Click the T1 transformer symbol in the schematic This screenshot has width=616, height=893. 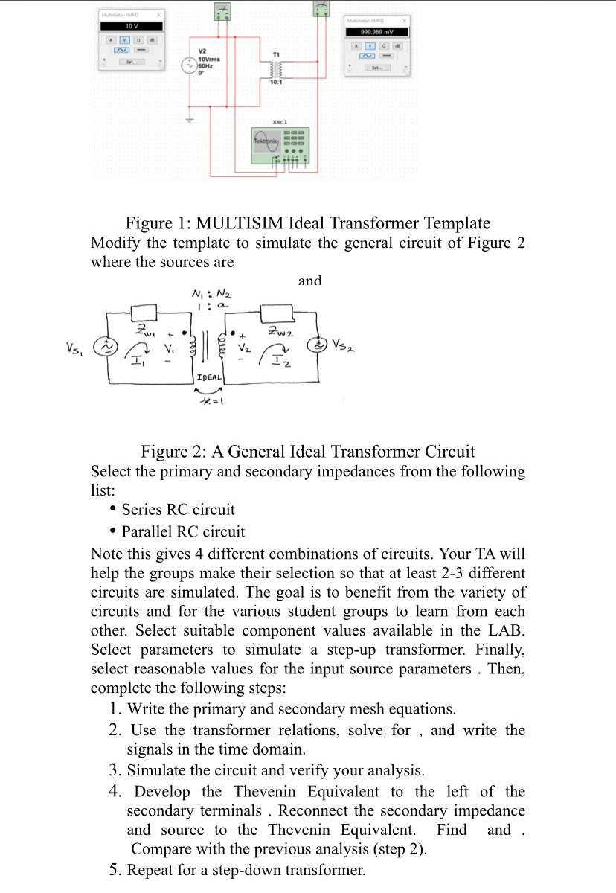click(276, 69)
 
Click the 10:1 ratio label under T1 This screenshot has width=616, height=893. click(276, 82)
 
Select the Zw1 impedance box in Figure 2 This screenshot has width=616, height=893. click(145, 310)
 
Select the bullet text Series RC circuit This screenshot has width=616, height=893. click(178, 510)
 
